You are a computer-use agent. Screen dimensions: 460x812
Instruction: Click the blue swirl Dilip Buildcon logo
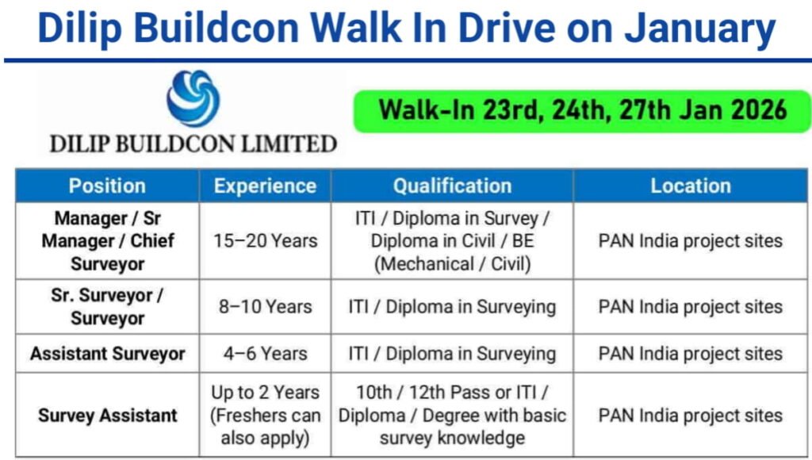coord(193,98)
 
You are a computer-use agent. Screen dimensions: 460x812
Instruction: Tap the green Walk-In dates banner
coord(582,110)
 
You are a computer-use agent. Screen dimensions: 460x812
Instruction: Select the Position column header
coord(107,186)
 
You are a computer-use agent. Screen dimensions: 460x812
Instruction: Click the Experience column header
coord(265,186)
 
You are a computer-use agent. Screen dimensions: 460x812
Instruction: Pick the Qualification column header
coord(452,186)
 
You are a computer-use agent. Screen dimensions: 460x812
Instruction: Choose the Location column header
coord(690,186)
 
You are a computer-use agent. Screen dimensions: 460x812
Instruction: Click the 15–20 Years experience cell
coord(265,240)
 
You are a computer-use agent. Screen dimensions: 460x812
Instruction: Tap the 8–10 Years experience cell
coord(265,307)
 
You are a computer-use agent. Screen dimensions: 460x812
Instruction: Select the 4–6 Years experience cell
coord(265,354)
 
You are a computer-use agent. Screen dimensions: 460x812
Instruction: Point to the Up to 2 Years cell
coord(265,415)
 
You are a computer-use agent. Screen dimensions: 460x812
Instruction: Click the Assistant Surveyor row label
coord(107,354)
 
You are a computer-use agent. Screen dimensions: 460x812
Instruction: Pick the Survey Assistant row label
coord(107,416)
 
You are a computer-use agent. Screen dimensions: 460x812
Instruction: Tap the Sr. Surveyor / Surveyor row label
coord(107,307)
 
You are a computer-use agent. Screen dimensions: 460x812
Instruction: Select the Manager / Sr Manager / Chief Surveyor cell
coord(107,240)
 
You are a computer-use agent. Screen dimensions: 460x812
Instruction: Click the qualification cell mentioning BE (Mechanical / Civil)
coord(452,240)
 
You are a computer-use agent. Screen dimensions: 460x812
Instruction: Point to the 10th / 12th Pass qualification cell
coord(452,415)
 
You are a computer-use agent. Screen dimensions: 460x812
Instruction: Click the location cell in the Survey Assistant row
coord(690,416)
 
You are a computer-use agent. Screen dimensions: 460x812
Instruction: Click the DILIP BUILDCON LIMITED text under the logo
coord(193,144)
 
